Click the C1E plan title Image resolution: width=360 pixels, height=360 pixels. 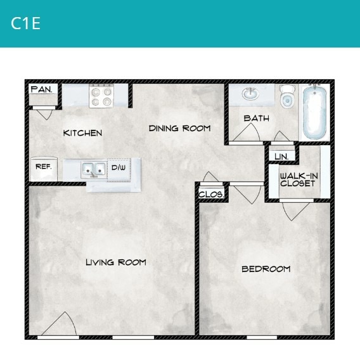click(x=26, y=24)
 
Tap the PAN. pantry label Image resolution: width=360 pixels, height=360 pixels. click(x=42, y=90)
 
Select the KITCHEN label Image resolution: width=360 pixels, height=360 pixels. click(x=82, y=133)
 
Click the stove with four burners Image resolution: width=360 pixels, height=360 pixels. click(x=100, y=96)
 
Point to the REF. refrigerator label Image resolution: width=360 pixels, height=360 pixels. click(x=43, y=167)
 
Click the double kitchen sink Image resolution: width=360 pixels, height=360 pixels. click(x=94, y=169)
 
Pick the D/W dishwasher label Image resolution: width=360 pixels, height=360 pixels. click(x=119, y=168)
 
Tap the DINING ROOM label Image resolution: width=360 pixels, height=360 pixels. click(x=179, y=129)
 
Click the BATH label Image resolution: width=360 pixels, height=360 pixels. click(x=256, y=119)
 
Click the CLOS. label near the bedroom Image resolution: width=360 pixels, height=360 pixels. click(x=210, y=195)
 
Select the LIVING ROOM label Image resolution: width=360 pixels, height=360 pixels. click(x=116, y=262)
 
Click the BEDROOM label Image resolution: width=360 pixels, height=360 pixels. click(x=266, y=269)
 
